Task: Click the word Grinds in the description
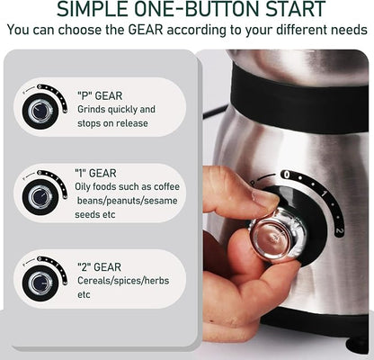pos(94,109)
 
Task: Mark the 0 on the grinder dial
pos(286,175)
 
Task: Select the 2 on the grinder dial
pos(338,231)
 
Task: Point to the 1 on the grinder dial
pos(322,192)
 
